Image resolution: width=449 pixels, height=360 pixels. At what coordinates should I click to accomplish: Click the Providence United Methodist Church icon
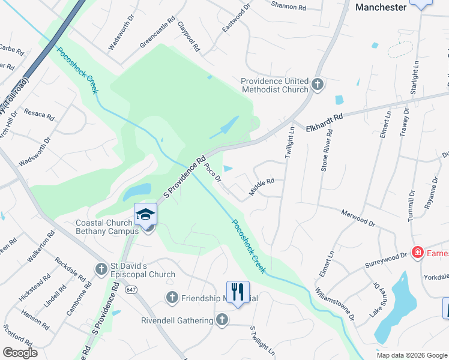coord(318,85)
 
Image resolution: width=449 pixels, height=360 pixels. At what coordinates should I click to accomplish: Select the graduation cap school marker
coord(145,215)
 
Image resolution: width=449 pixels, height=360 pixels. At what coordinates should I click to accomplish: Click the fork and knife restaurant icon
coord(237,292)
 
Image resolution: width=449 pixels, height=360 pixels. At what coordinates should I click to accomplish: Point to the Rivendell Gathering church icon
coord(222,320)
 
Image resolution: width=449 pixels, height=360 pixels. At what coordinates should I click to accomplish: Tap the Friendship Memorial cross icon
coord(172,298)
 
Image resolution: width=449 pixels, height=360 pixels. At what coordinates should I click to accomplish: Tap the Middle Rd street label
coord(262,187)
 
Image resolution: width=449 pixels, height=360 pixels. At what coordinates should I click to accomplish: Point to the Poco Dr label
coord(213,171)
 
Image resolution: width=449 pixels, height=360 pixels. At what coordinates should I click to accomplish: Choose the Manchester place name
coord(381,8)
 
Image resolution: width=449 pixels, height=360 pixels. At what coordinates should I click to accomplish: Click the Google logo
coord(20,353)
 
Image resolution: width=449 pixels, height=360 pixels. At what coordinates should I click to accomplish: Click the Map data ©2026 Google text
coord(412,355)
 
